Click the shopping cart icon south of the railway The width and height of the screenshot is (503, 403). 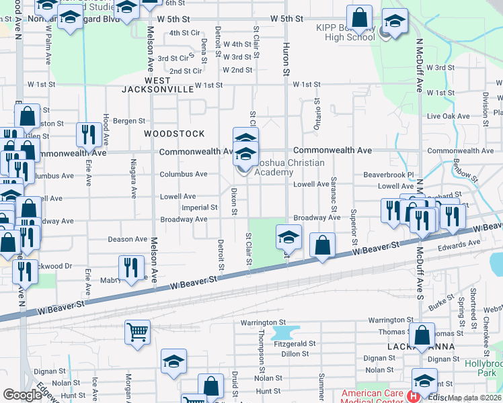137,332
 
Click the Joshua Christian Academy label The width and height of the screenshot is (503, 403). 289,167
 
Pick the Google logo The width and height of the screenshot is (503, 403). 22,395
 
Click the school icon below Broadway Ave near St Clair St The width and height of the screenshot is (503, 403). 288,238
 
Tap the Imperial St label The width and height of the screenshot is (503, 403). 200,208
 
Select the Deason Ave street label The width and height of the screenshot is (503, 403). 128,239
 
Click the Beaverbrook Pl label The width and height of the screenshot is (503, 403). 386,174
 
